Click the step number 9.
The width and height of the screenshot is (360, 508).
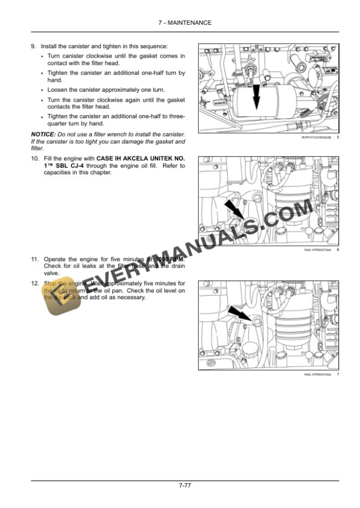(33, 46)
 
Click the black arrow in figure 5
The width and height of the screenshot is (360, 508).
(256, 97)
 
